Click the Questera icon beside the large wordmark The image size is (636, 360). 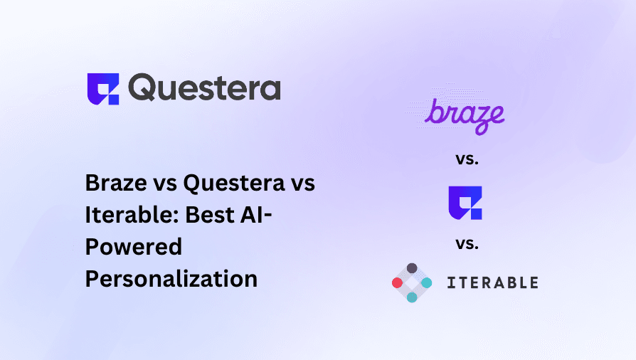click(103, 89)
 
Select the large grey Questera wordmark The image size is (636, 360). click(204, 87)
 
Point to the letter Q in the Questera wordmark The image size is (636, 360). click(142, 87)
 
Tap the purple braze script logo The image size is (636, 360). click(465, 116)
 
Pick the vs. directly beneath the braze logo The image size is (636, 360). click(467, 159)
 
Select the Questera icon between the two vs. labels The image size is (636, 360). click(465, 203)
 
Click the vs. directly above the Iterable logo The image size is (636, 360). click(467, 244)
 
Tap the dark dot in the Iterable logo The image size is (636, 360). click(412, 268)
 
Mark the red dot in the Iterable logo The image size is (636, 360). click(397, 282)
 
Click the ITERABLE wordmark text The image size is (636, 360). click(493, 283)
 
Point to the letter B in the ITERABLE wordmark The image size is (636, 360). click(513, 283)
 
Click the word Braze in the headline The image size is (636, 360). click(116, 183)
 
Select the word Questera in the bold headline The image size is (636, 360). click(234, 184)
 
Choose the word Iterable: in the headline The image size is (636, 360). click(132, 215)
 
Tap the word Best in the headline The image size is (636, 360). click(210, 215)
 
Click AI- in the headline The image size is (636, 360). click(256, 215)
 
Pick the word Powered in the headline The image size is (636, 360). click(134, 247)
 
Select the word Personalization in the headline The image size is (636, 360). click(171, 279)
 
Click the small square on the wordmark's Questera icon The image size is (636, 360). click(113, 100)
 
